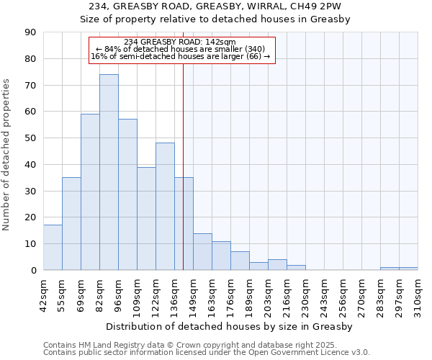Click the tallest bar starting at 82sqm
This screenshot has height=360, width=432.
coord(109,172)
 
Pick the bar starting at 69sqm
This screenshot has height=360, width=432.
coord(90,192)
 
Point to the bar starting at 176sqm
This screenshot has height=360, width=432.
coord(240,261)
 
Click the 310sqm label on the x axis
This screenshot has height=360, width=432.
coord(418,296)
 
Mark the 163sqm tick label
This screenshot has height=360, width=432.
coord(212,296)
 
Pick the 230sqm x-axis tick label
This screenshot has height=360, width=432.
coord(305,296)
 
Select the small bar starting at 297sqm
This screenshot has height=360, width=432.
coord(408,269)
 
